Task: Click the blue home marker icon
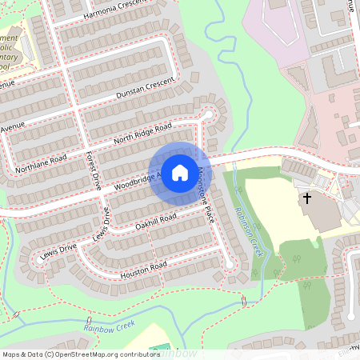pyautogui.click(x=180, y=172)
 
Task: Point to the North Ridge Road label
pyautogui.click(x=142, y=134)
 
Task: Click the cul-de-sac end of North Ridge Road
pyautogui.click(x=210, y=114)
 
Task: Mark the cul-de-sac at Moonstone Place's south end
pyautogui.click(x=230, y=265)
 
